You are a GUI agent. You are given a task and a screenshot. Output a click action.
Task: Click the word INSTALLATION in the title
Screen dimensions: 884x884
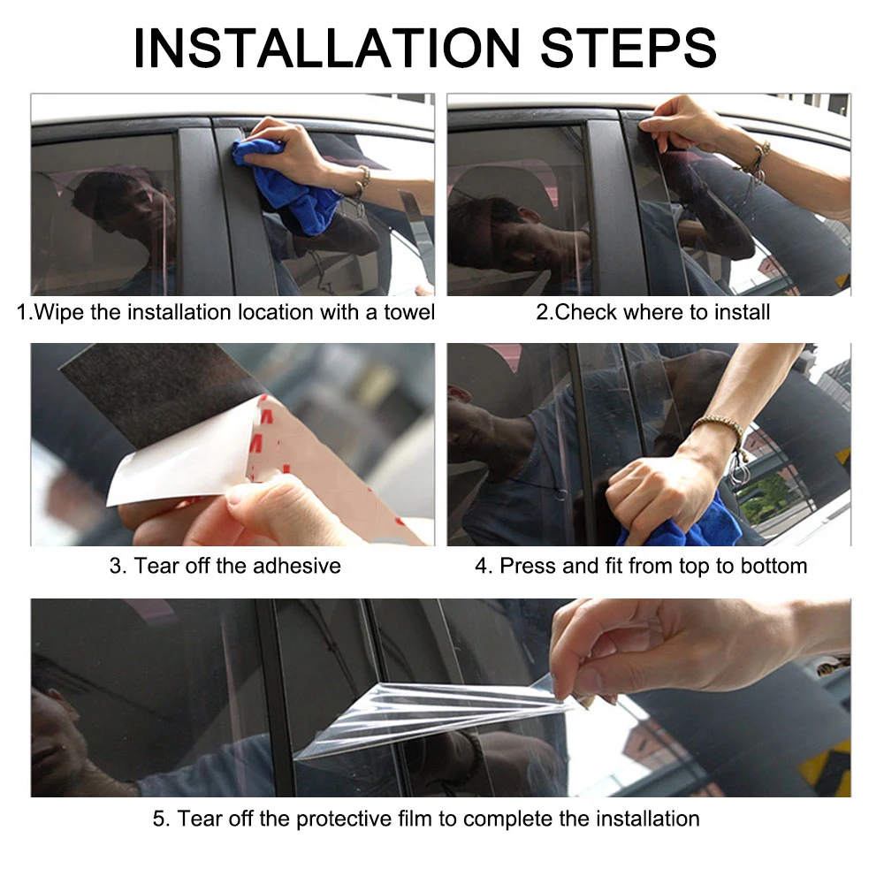326,48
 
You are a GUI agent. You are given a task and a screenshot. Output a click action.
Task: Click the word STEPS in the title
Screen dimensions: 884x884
628,48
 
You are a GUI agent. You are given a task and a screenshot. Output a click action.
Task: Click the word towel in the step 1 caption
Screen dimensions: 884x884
409,312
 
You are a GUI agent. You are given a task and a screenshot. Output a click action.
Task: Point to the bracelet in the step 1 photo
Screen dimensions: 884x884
363,180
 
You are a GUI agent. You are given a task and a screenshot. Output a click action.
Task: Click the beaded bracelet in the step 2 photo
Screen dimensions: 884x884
754,163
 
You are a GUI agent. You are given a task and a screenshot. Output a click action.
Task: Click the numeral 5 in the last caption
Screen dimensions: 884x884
158,819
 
